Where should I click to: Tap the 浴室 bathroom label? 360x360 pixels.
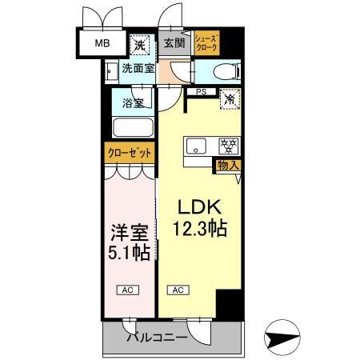point(134,102)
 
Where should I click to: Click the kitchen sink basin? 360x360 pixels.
point(198,146)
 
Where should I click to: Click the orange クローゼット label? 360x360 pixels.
point(129,152)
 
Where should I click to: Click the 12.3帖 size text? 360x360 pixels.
point(199,229)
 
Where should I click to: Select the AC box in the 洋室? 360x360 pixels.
point(126,289)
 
